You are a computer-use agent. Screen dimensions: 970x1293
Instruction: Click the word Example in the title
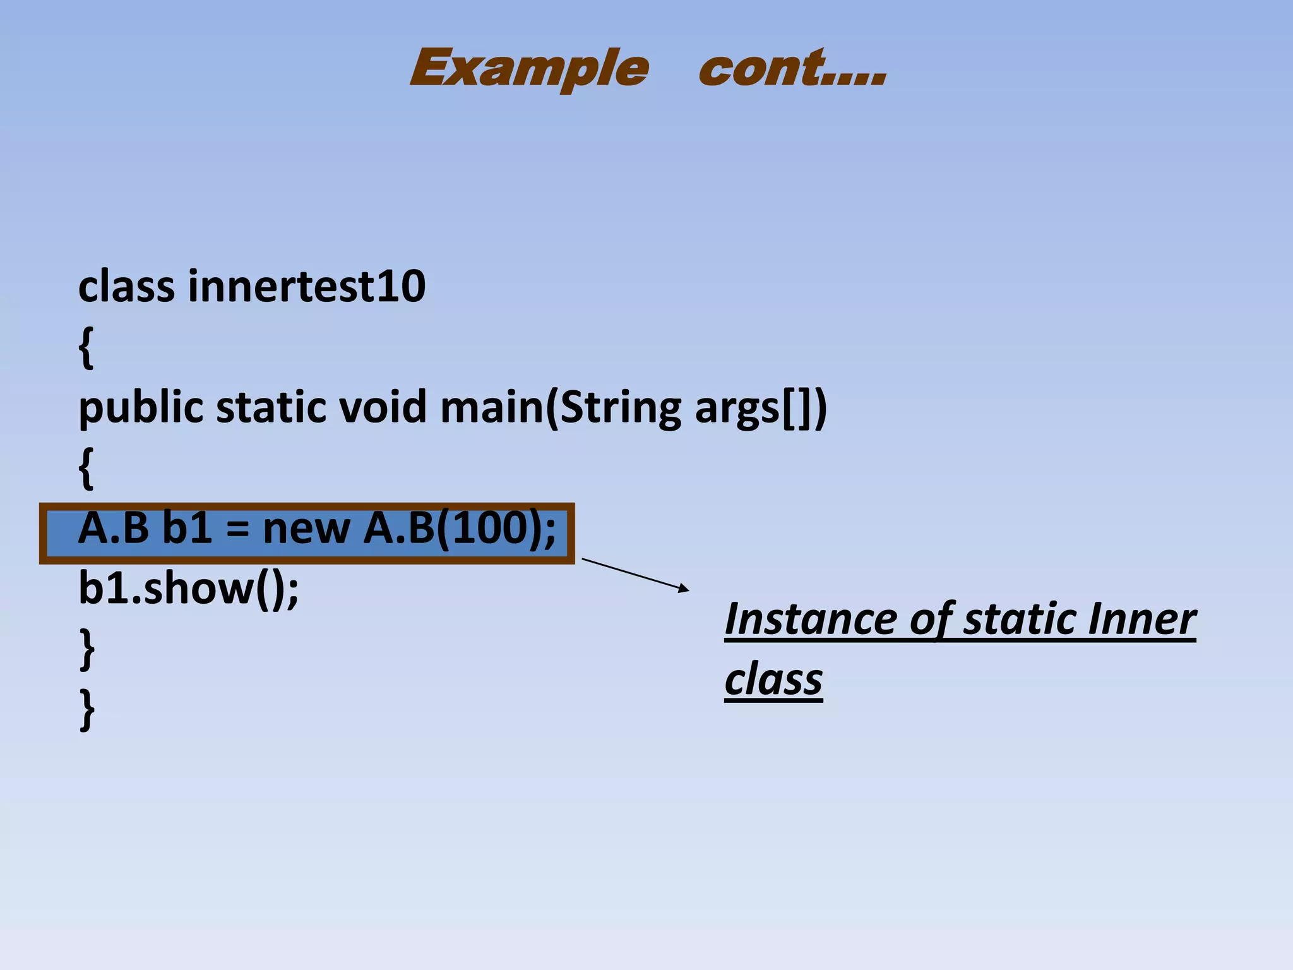pos(529,68)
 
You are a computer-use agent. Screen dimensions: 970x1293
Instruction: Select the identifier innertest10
pos(307,286)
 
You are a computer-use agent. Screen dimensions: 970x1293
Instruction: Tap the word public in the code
pos(141,407)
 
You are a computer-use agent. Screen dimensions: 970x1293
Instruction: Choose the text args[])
pos(760,407)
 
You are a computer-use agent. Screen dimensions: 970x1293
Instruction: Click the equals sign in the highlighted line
pos(237,529)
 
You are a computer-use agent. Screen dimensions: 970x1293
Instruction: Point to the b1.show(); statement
pos(188,589)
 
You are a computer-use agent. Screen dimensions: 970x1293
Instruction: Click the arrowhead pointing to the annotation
pos(684,589)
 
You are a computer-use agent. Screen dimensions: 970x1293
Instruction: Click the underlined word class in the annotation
pos(773,680)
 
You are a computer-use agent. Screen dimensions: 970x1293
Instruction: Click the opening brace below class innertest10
pos(86,347)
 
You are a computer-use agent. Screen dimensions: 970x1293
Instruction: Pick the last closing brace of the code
pos(87,710)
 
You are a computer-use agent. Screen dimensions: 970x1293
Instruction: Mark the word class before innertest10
pos(126,286)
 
